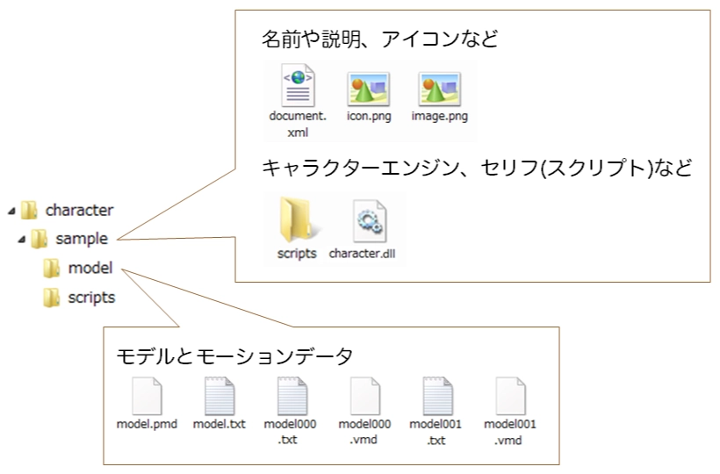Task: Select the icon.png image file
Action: click(369, 89)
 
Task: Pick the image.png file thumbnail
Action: click(439, 89)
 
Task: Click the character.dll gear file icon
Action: click(369, 221)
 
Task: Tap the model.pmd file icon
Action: click(147, 397)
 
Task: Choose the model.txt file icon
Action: click(220, 397)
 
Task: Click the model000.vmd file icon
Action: click(365, 397)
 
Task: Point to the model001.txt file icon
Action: click(437, 397)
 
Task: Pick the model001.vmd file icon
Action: click(510, 397)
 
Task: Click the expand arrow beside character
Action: click(11, 211)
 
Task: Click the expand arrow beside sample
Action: click(21, 239)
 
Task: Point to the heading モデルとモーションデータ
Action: click(234, 355)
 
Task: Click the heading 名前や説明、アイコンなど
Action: click(379, 39)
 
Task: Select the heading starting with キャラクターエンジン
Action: click(478, 169)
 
